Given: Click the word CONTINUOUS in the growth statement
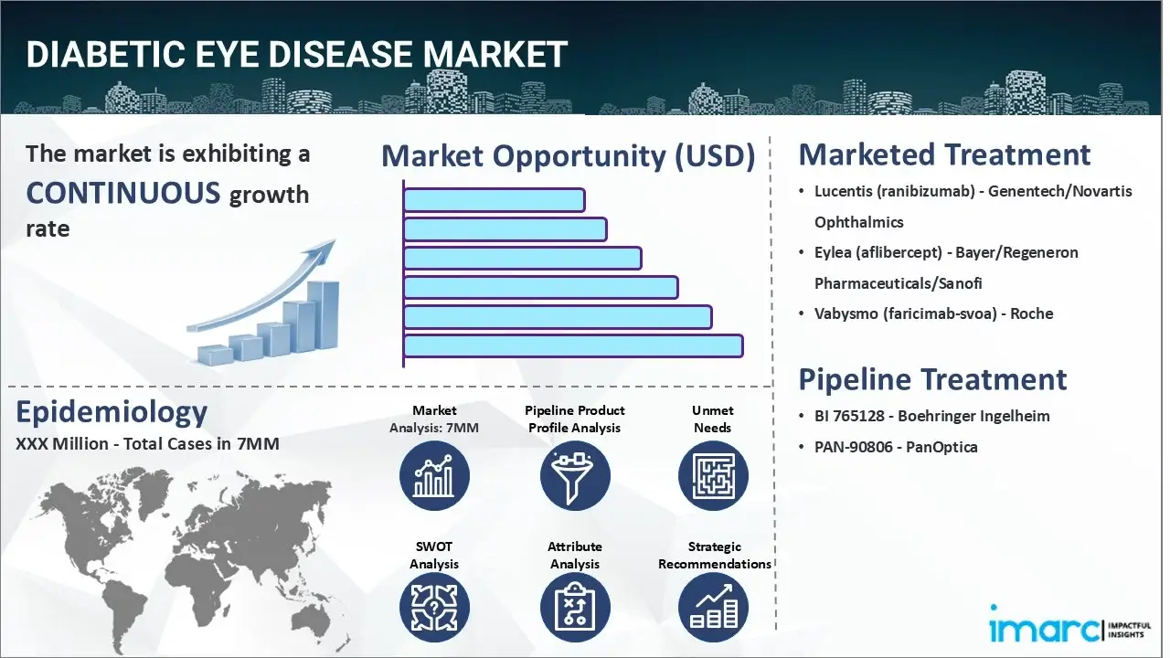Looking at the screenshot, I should pos(122,193).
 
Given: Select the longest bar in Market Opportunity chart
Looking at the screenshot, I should pos(572,345).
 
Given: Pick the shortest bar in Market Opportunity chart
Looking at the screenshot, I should pos(494,200).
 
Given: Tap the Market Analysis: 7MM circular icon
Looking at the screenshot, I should pos(434,475).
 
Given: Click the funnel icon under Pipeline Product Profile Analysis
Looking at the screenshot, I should pos(574,475).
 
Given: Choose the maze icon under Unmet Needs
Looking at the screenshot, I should pos(713,475).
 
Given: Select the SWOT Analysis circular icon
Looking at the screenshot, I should pos(434,609).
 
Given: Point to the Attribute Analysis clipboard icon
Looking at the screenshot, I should pos(574,609).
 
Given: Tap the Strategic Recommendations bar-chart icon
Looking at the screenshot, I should pos(713,609).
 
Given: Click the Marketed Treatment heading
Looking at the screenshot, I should pos(944,154).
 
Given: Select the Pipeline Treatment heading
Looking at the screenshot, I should pos(932,379).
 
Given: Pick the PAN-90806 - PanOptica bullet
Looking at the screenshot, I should pos(896,447).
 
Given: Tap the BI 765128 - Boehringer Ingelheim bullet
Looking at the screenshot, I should pos(931,416).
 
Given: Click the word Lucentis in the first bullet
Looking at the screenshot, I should pos(843,191).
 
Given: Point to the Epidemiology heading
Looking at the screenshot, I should pos(112,412).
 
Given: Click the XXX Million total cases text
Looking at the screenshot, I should pos(147,445).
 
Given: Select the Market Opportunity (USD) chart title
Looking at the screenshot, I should pos(568,155).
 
